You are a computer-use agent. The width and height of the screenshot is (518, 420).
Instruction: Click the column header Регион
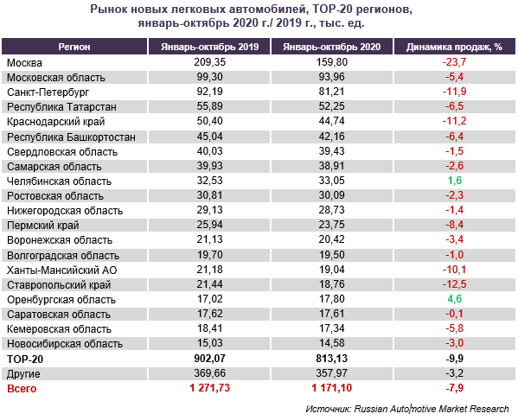[x=74, y=47]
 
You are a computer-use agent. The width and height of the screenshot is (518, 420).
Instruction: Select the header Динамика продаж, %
[x=454, y=47]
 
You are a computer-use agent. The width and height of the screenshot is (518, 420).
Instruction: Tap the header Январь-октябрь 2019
[x=210, y=47]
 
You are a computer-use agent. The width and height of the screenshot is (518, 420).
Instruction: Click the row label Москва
[x=24, y=63]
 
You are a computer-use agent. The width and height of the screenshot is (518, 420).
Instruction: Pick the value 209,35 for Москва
[x=210, y=62]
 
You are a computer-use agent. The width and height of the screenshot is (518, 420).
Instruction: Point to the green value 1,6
[x=455, y=181]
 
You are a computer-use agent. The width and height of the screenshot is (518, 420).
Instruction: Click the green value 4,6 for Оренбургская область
[x=455, y=299]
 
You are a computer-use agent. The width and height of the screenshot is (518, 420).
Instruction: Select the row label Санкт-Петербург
[x=48, y=92]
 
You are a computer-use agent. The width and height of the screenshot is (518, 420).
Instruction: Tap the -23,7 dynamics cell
[x=454, y=62]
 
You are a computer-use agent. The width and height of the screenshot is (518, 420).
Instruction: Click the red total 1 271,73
[x=210, y=388]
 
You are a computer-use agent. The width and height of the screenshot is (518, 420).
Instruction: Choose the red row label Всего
[x=22, y=389]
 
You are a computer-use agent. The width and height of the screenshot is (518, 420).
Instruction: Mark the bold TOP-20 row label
[x=25, y=360]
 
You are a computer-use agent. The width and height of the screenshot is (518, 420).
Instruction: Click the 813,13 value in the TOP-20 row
[x=332, y=359]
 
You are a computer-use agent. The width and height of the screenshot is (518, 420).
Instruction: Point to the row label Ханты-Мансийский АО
[x=62, y=270]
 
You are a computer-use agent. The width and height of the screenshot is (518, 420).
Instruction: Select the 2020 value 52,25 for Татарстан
[x=332, y=106]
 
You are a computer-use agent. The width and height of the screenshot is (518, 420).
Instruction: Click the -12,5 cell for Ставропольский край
[x=454, y=284]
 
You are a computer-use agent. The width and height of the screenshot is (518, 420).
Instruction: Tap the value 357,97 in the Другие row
[x=332, y=373]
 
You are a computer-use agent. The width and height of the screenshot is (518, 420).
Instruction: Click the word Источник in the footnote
[x=328, y=409]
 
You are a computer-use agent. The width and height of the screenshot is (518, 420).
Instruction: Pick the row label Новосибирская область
[x=65, y=344]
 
